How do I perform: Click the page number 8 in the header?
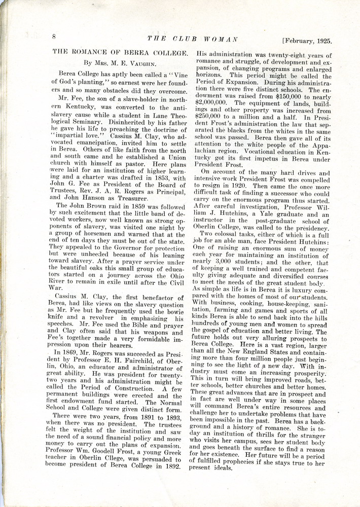point(53,36)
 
